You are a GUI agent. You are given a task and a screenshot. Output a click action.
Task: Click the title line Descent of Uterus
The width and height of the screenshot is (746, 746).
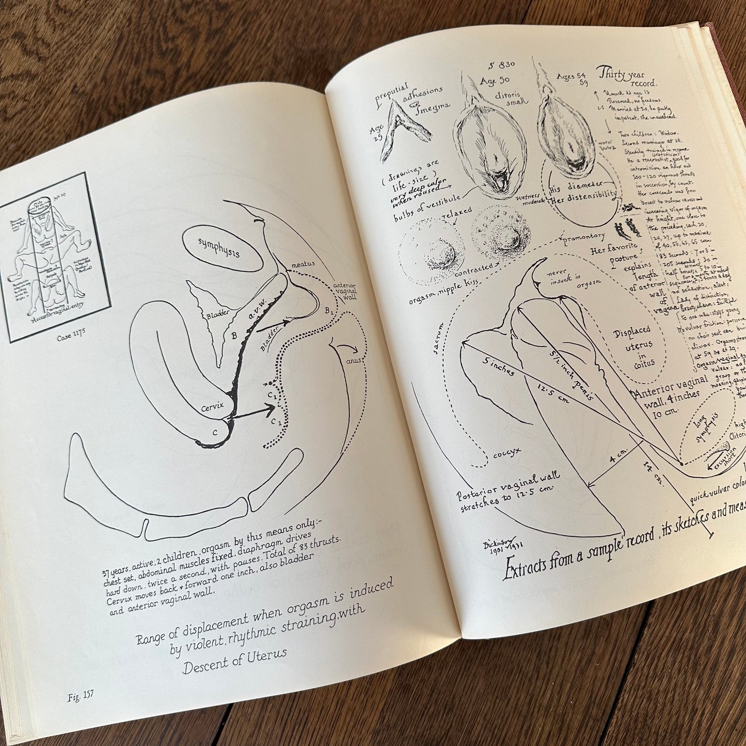[235, 661]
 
